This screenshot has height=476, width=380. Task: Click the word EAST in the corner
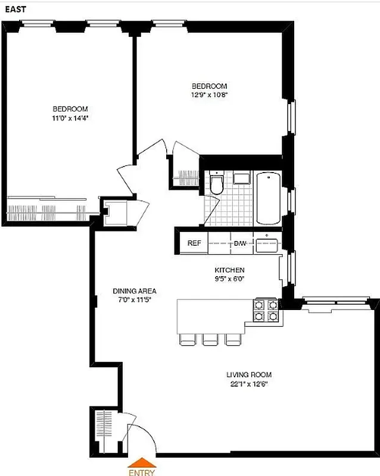tap(14, 10)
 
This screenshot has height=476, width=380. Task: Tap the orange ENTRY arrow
tap(142, 462)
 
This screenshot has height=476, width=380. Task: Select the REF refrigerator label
tap(194, 243)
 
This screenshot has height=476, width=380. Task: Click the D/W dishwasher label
tap(240, 243)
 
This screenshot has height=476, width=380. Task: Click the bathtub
tap(267, 198)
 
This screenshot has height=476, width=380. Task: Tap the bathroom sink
tap(242, 179)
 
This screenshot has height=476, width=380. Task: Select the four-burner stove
tap(266, 310)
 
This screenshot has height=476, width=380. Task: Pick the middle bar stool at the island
tap(210, 339)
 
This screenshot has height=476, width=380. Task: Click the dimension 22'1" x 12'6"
tap(248, 384)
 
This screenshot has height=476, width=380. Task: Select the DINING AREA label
tap(135, 291)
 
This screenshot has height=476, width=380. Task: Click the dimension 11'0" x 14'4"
tap(70, 118)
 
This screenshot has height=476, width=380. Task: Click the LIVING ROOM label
tap(248, 375)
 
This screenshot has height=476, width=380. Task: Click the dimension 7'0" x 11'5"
tap(135, 299)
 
